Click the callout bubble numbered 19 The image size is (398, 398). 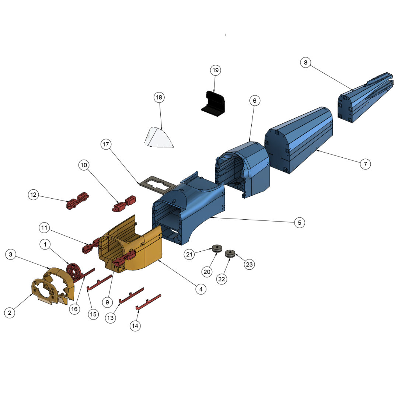click(215, 70)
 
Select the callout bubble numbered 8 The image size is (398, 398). click(305, 63)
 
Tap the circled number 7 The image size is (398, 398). click(365, 164)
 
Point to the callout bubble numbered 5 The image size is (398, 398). click(300, 223)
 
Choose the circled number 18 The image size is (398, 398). click(159, 98)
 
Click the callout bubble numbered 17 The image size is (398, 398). click(106, 145)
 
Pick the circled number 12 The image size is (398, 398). click(34, 195)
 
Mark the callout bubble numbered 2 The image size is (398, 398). click(10, 313)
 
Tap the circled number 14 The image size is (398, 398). click(135, 326)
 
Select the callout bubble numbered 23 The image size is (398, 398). click(249, 264)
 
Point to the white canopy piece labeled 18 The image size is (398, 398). click(159, 138)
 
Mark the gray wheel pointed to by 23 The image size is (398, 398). click(230, 254)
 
